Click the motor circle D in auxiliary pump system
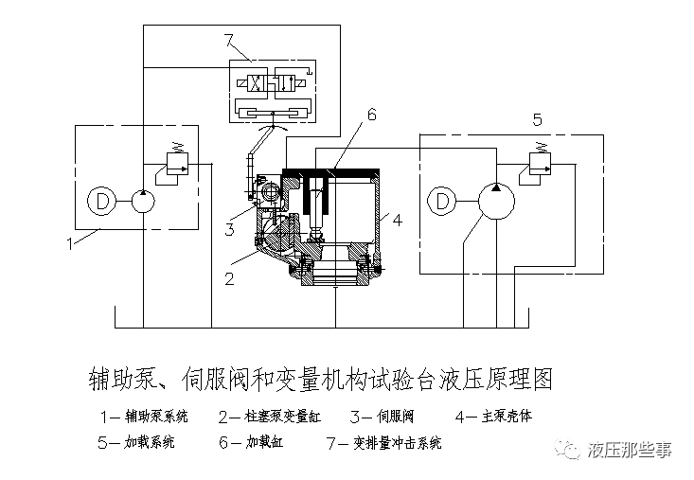pyautogui.click(x=101, y=201)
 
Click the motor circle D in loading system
pyautogui.click(x=442, y=201)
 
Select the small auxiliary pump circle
pyautogui.click(x=143, y=201)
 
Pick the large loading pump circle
pyautogui.click(x=496, y=201)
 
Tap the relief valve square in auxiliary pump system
pyautogui.click(x=177, y=164)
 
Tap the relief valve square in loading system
pyautogui.click(x=540, y=164)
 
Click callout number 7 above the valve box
pyautogui.click(x=229, y=41)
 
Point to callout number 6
pyautogui.click(x=372, y=115)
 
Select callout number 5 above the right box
pyautogui.click(x=538, y=119)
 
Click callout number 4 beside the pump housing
pyautogui.click(x=398, y=220)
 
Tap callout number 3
pyautogui.click(x=229, y=230)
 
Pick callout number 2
pyautogui.click(x=229, y=278)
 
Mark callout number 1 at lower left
pyautogui.click(x=69, y=243)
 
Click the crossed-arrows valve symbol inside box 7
pyautogui.click(x=254, y=83)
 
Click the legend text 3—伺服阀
pyautogui.click(x=382, y=417)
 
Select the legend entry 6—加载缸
pyautogui.click(x=251, y=442)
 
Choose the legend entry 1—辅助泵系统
pyautogui.click(x=144, y=417)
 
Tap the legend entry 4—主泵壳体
pyautogui.click(x=493, y=417)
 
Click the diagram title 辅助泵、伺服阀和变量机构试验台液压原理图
pyautogui.click(x=321, y=379)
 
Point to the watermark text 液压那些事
pyautogui.click(x=630, y=450)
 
